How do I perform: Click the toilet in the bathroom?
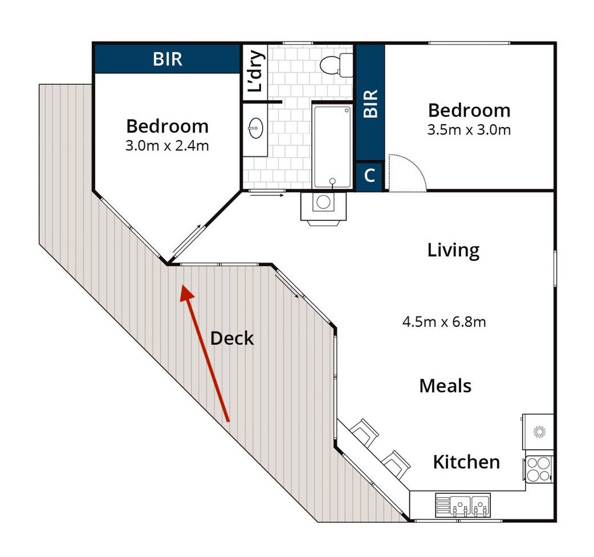[336, 65]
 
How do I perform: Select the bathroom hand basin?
[256, 128]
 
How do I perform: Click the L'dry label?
[255, 71]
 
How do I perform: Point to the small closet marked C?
[369, 175]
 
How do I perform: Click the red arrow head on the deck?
[186, 293]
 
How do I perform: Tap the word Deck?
[232, 338]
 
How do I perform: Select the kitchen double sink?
[462, 505]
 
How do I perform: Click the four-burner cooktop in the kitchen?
[539, 469]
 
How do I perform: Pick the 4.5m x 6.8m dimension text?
[444, 322]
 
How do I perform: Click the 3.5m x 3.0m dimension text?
[469, 130]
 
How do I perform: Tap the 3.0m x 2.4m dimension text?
[167, 146]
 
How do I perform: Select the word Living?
[453, 251]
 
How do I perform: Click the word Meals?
[445, 386]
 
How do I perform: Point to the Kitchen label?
[466, 462]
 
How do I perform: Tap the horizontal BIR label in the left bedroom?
[168, 59]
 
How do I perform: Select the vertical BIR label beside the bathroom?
[370, 103]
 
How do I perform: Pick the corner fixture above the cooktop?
[538, 431]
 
